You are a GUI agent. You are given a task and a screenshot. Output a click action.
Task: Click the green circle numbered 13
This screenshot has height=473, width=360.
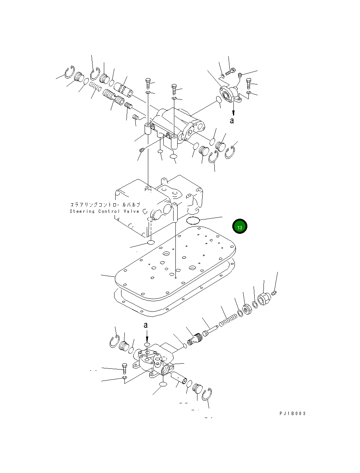(x=240, y=226)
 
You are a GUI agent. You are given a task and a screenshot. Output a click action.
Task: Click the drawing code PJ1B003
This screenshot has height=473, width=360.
(x=292, y=413)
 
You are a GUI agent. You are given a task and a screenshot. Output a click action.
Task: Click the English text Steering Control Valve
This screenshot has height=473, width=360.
(x=104, y=211)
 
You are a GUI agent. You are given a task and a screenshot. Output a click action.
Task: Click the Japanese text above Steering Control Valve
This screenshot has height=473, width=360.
(x=105, y=204)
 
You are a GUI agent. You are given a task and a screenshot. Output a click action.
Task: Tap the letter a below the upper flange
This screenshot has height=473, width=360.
(x=232, y=120)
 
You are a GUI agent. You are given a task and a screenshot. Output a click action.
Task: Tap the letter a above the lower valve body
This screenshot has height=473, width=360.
(x=146, y=325)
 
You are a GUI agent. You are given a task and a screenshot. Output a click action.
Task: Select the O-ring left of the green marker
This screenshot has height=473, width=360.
(x=193, y=221)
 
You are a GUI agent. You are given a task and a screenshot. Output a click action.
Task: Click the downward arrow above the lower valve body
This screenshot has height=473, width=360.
(x=147, y=336)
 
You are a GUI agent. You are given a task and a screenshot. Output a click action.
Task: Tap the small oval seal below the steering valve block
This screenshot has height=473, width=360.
(x=150, y=243)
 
